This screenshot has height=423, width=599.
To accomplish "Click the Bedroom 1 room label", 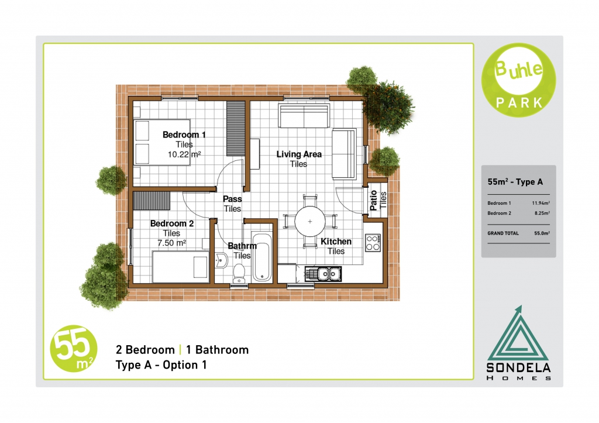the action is click(x=184, y=135).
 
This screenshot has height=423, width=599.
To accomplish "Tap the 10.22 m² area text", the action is click(x=184, y=154).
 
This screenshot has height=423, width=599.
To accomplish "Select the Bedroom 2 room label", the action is click(x=172, y=223).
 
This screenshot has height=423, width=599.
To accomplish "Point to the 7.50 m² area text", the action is click(x=171, y=243).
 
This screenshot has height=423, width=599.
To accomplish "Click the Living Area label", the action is click(x=299, y=154).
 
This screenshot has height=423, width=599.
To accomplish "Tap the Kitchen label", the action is click(x=336, y=242).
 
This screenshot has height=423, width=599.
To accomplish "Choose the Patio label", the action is click(x=374, y=200).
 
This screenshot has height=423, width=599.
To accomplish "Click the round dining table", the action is click(x=310, y=221).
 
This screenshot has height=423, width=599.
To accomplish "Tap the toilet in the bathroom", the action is click(x=239, y=273).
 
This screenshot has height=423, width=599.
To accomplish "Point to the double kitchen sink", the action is click(x=323, y=274).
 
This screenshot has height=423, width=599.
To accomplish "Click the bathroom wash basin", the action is click(x=221, y=260).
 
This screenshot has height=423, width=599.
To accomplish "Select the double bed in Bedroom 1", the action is click(x=161, y=143).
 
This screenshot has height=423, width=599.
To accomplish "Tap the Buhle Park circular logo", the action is click(x=518, y=80).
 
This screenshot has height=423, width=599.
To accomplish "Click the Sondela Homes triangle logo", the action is click(x=518, y=343).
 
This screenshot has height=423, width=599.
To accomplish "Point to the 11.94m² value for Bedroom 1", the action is click(x=541, y=203).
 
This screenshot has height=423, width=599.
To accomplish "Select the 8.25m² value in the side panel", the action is click(x=542, y=213).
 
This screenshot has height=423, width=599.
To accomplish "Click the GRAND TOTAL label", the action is click(x=503, y=233).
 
